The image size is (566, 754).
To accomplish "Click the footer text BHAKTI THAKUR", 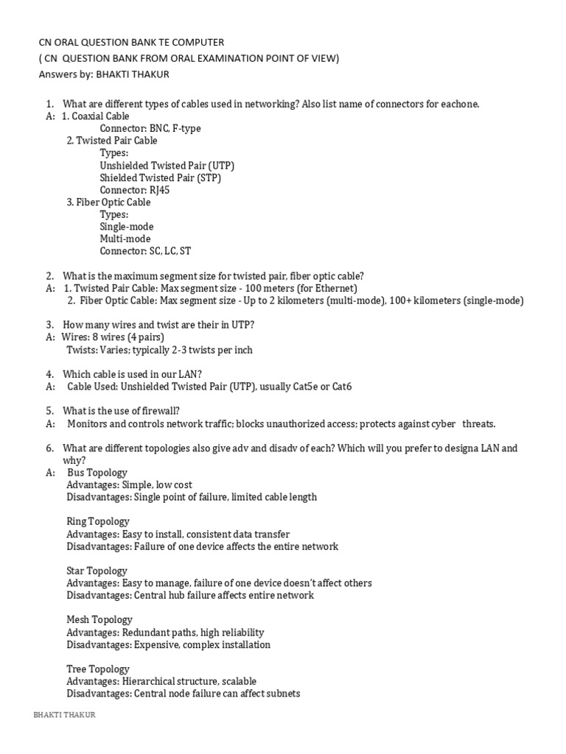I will click(x=65, y=715).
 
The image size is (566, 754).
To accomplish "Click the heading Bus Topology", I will click(x=97, y=473).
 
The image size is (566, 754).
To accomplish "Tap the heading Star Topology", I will click(x=97, y=571).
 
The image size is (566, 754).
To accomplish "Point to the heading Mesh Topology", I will click(x=99, y=620).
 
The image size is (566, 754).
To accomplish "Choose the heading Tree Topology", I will click(x=98, y=669).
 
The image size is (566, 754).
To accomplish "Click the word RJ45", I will click(x=169, y=190).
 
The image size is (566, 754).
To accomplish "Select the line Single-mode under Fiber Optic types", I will click(x=127, y=227).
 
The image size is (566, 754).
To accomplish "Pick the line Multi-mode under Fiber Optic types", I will click(x=125, y=239).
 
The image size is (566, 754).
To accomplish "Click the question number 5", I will click(x=49, y=411).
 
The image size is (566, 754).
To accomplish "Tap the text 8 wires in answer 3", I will click(x=108, y=337).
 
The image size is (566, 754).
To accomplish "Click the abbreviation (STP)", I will click(x=209, y=178).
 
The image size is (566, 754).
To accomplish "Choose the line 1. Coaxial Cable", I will click(x=96, y=116).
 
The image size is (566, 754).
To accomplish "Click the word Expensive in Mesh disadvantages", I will click(x=157, y=645).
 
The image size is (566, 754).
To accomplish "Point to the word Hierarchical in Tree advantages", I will click(x=147, y=682).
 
